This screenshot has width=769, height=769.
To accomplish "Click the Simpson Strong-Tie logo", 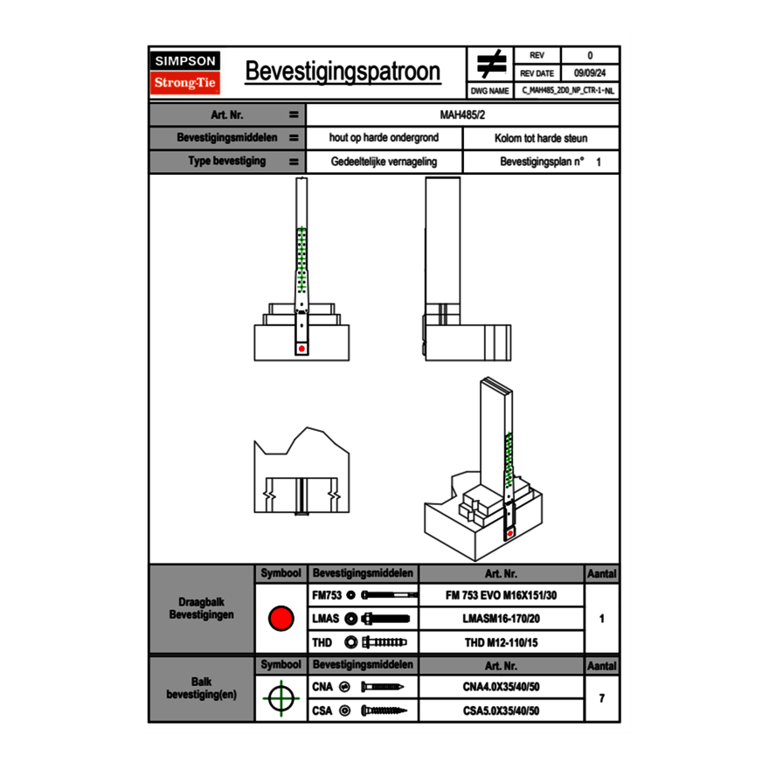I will click(x=186, y=73).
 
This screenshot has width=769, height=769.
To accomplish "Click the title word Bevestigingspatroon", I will click(x=343, y=72).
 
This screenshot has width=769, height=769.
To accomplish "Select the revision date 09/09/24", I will click(x=590, y=73).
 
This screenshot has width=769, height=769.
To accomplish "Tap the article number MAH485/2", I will click(x=463, y=114).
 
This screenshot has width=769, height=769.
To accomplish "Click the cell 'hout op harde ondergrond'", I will click(x=384, y=138).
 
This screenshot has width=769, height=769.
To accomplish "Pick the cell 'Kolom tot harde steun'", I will click(x=541, y=138).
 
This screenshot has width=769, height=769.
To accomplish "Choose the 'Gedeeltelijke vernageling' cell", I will click(x=384, y=162).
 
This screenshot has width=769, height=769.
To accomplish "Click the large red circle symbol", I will click(x=281, y=619).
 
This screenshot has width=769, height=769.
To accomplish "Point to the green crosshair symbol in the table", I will click(x=281, y=698).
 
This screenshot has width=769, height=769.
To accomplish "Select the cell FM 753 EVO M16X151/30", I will click(x=501, y=594).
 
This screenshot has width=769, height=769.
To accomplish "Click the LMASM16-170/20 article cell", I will click(x=501, y=619).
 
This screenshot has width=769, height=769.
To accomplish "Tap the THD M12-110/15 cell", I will click(x=501, y=642).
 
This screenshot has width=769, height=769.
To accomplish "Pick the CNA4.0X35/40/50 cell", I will click(x=501, y=687).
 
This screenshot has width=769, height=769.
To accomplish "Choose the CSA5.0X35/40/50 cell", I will click(x=501, y=710).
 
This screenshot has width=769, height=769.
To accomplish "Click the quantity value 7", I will click(x=602, y=698).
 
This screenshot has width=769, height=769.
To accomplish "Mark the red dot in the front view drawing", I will click(x=301, y=349).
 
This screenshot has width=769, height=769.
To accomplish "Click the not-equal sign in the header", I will click(x=491, y=65).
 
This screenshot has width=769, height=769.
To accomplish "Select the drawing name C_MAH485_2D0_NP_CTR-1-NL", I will click(x=568, y=90).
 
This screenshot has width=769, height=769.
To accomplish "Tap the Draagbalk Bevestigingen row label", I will click(x=202, y=609).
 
